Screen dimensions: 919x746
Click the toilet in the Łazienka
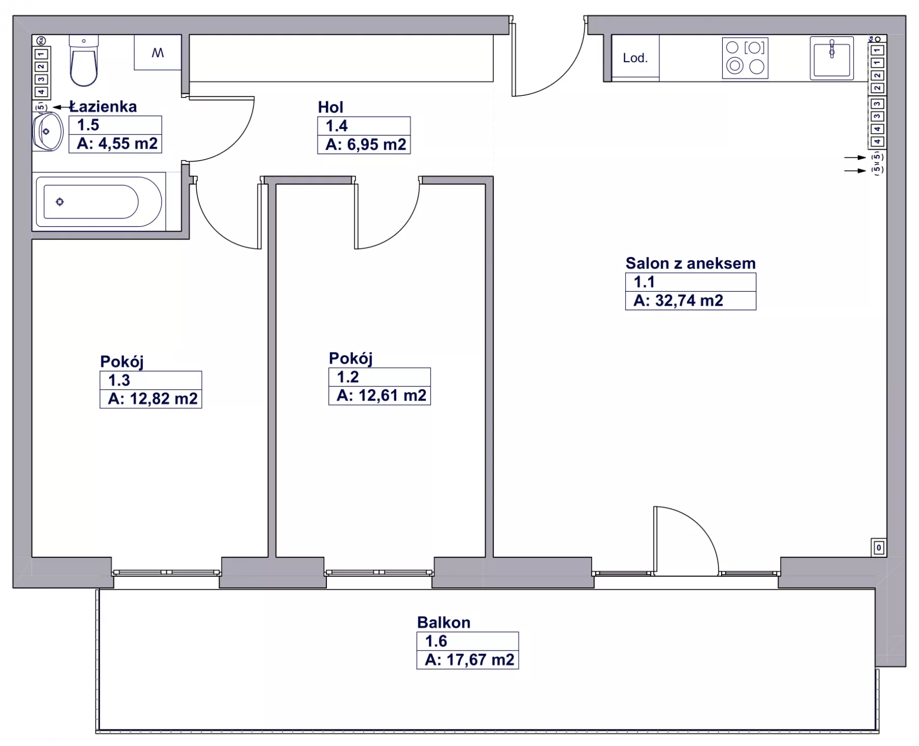tap(83, 61)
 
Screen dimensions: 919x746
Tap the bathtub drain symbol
tap(60, 202)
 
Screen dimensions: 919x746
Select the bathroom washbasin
tap(47, 132)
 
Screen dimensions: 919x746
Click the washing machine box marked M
tap(157, 52)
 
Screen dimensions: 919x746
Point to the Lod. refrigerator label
tap(635, 58)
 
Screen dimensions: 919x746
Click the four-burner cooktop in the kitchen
tap(745, 58)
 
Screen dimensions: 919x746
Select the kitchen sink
tap(831, 58)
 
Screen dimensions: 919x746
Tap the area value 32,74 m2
tap(689, 300)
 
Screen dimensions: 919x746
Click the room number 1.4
tap(336, 126)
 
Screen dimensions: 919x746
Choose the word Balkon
tap(444, 622)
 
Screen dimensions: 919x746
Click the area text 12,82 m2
tap(164, 398)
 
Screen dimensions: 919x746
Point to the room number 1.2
tap(348, 377)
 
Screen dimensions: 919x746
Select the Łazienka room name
tap(103, 106)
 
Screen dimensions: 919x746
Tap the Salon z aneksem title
tap(691, 263)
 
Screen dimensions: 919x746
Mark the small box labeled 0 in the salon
tap(879, 548)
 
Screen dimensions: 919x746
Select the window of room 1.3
tap(166, 572)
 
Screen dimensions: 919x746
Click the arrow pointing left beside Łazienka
tap(62, 107)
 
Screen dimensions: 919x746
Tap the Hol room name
tap(331, 107)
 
